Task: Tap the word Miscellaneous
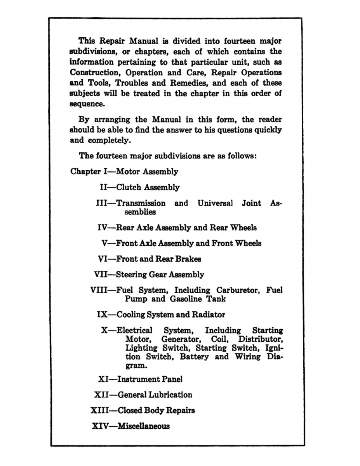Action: tap(144, 426)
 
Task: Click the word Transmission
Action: tap(141, 203)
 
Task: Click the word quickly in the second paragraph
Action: tap(268, 130)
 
